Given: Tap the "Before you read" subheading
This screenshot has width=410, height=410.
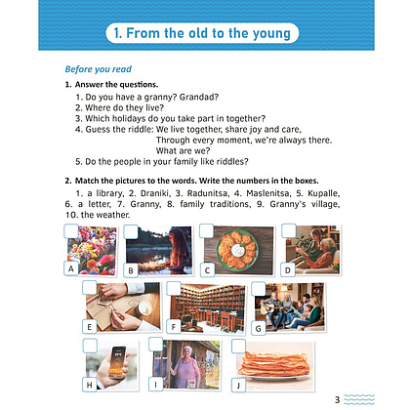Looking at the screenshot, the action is pos(98,69).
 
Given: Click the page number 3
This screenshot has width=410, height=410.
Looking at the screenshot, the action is pos(337,399).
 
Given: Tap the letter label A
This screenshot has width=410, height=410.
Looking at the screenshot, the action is pos(71,268).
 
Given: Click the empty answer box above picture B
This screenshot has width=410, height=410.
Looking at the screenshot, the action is pos(131,232).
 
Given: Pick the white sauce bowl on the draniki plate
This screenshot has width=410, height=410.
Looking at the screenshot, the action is pos(238,250).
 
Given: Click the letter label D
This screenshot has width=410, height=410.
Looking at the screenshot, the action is pos(288,269).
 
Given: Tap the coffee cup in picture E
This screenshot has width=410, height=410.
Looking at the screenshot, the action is pos(145,307).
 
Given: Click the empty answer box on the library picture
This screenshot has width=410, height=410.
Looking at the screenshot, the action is pos(174,288).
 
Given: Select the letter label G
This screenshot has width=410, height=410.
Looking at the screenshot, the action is pos(259,328).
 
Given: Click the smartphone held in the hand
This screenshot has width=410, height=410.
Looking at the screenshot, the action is pos(118,362).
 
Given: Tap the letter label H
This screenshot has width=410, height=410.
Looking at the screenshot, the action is pos(90,385).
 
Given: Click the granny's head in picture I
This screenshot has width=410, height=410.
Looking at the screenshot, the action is pos(187,352).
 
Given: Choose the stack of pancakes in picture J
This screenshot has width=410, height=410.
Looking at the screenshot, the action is pos(274,363).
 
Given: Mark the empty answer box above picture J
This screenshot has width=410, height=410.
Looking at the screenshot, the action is pos(238,347).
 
